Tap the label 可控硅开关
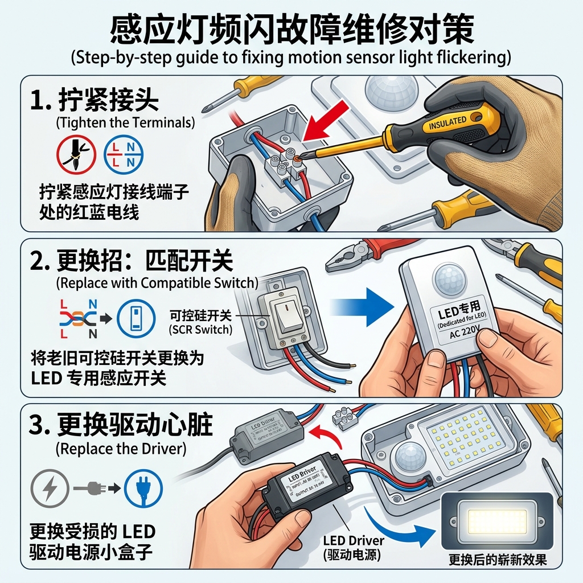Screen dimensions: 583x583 [x=202, y=316]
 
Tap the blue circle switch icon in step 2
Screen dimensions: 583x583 [x=136, y=319]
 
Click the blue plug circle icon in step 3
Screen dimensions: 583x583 [x=144, y=487]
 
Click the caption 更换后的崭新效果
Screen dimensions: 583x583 [x=497, y=560]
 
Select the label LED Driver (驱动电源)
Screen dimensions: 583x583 [x=353, y=547]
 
